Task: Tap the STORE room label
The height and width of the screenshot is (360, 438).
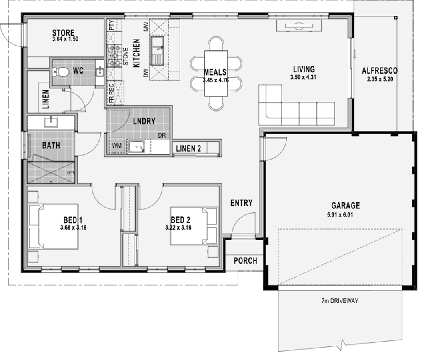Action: pyautogui.click(x=64, y=33)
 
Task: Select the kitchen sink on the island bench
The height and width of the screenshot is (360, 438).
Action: pyautogui.click(x=158, y=50)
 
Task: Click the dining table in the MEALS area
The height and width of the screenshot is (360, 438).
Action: pyautogui.click(x=216, y=74)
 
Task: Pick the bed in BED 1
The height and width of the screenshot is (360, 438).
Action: pyautogui.click(x=53, y=226)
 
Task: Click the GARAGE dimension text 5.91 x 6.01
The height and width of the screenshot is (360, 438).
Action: pyautogui.click(x=340, y=215)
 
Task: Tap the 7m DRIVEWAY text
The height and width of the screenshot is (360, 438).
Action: pyautogui.click(x=340, y=301)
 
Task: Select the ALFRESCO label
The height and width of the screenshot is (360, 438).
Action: pyautogui.click(x=380, y=71)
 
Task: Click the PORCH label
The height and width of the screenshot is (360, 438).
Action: pyautogui.click(x=245, y=261)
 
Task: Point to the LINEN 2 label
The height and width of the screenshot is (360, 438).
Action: pyautogui.click(x=188, y=148)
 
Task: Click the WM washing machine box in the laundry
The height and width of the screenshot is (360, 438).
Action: pyautogui.click(x=117, y=146)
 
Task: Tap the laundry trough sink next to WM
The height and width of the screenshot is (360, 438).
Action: pyautogui.click(x=136, y=147)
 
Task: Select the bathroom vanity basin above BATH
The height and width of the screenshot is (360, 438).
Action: pyautogui.click(x=51, y=122)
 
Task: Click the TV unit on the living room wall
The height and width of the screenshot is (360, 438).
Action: pyautogui.click(x=299, y=26)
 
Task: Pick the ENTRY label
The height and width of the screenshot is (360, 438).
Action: pyautogui.click(x=241, y=203)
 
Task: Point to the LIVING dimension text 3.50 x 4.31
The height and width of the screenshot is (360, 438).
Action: pyautogui.click(x=303, y=77)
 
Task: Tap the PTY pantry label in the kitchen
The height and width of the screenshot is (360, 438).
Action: pyautogui.click(x=111, y=25)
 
